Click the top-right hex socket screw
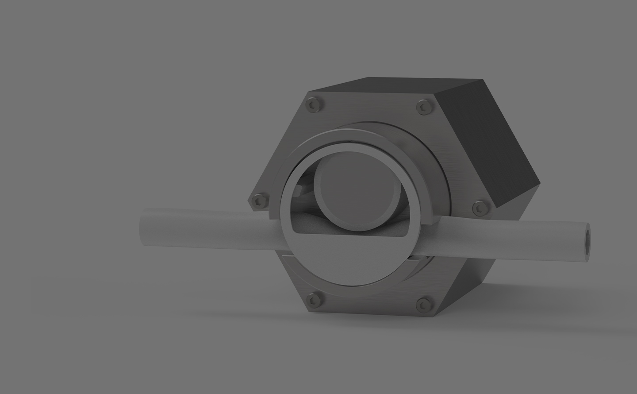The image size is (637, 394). point(423,106)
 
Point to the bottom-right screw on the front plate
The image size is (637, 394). point(423,304)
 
